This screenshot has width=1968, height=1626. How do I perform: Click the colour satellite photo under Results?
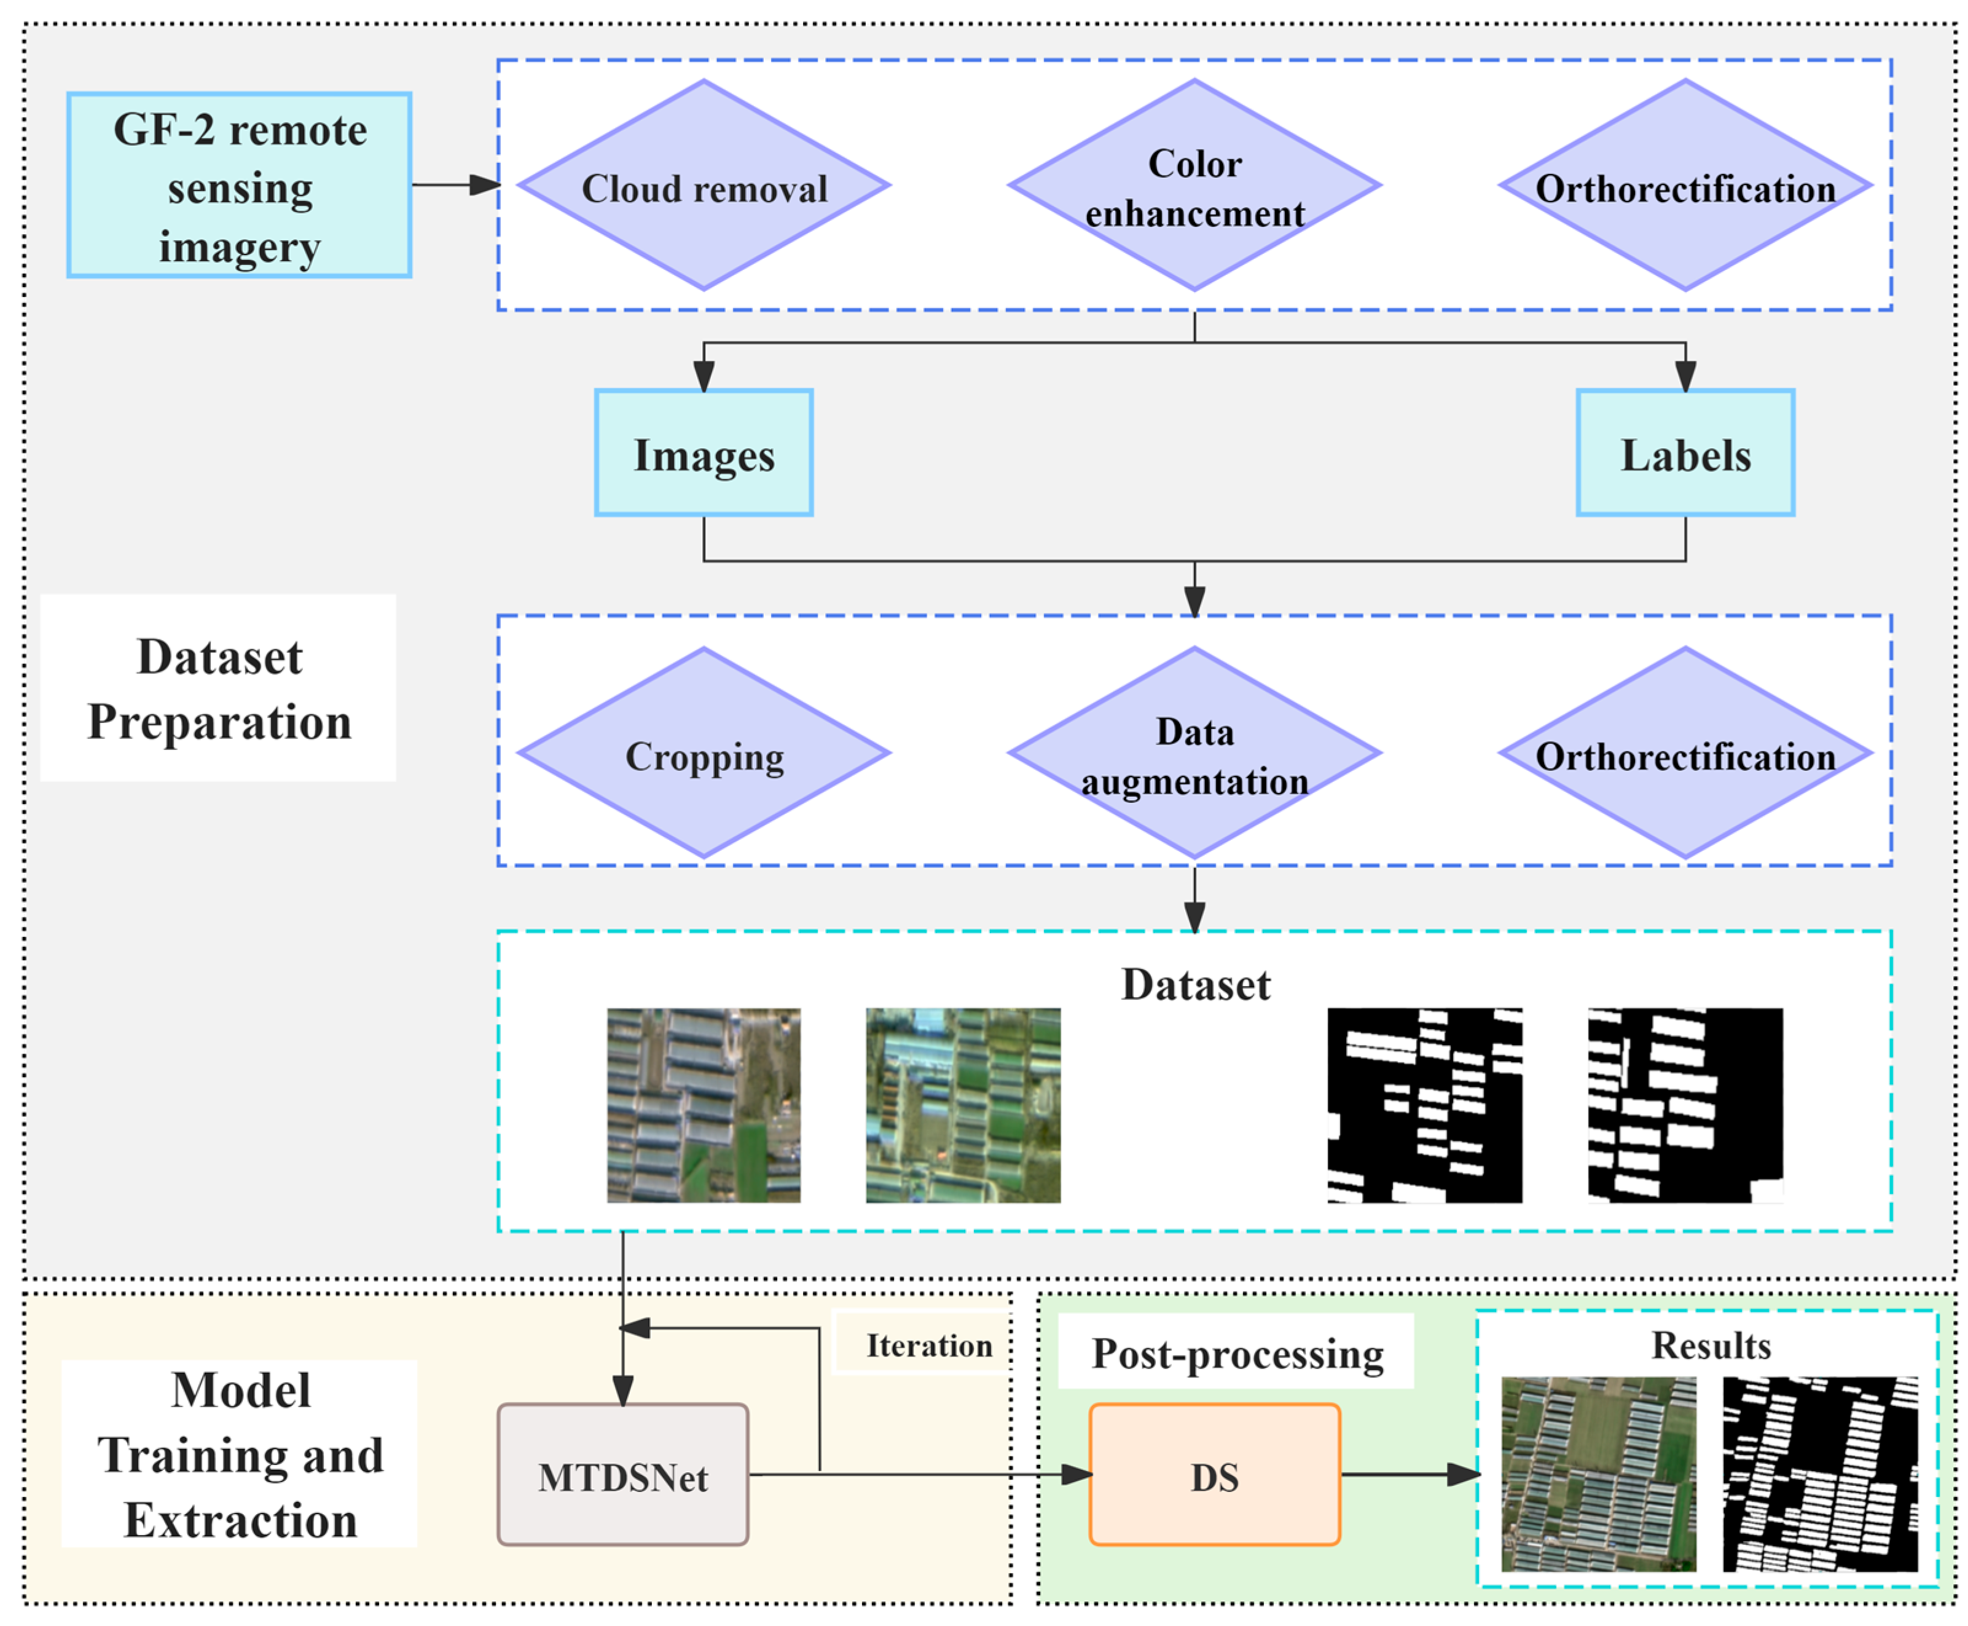tap(1598, 1474)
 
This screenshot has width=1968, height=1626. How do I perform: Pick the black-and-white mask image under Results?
tap(1819, 1474)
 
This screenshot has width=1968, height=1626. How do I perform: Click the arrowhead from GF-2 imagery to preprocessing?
tap(484, 184)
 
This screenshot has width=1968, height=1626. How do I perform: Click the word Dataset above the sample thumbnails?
tap(1196, 984)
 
